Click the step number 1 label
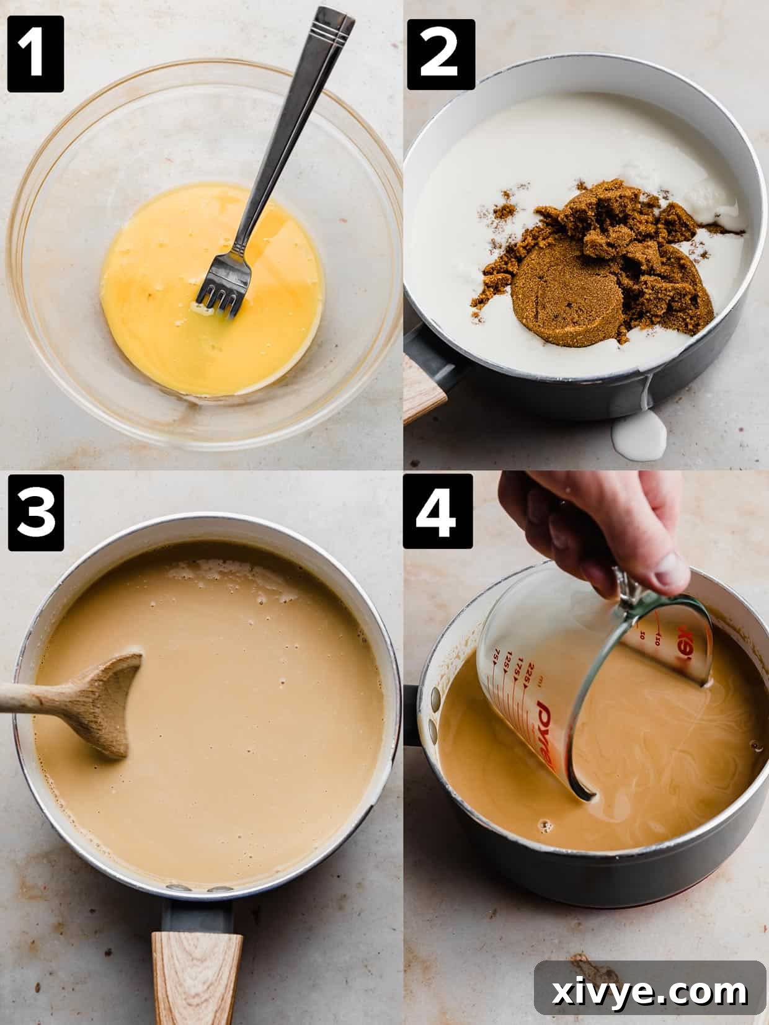point(35,54)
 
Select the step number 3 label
point(35,513)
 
